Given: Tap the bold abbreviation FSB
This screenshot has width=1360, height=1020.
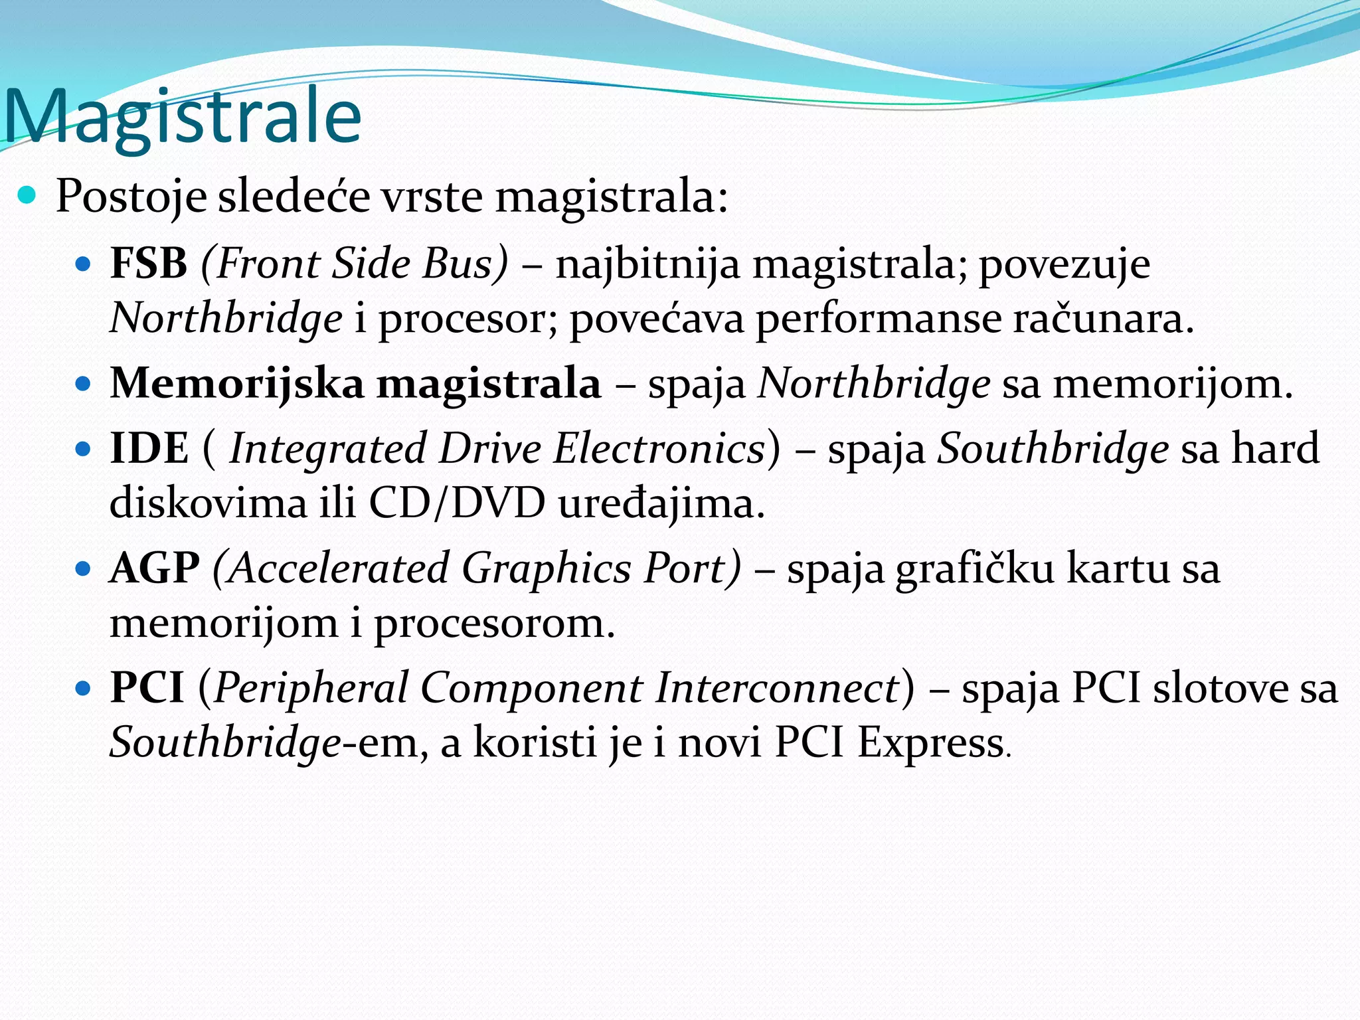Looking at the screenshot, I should click(149, 263).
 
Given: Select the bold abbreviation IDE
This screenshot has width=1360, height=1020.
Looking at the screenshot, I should click(149, 448).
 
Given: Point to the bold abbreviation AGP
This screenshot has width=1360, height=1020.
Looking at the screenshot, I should click(155, 568).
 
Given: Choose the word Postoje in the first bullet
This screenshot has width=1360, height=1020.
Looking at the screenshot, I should click(131, 197).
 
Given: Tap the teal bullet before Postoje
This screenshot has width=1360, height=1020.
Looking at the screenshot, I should click(27, 195).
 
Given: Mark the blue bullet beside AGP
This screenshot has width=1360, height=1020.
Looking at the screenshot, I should click(83, 570).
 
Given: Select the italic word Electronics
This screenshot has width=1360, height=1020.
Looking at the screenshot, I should click(659, 448).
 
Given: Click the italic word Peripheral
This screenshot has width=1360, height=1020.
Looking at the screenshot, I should click(311, 688).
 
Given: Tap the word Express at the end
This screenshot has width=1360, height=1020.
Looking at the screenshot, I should click(930, 742).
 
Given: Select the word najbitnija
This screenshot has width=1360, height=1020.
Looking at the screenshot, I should click(647, 264).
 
